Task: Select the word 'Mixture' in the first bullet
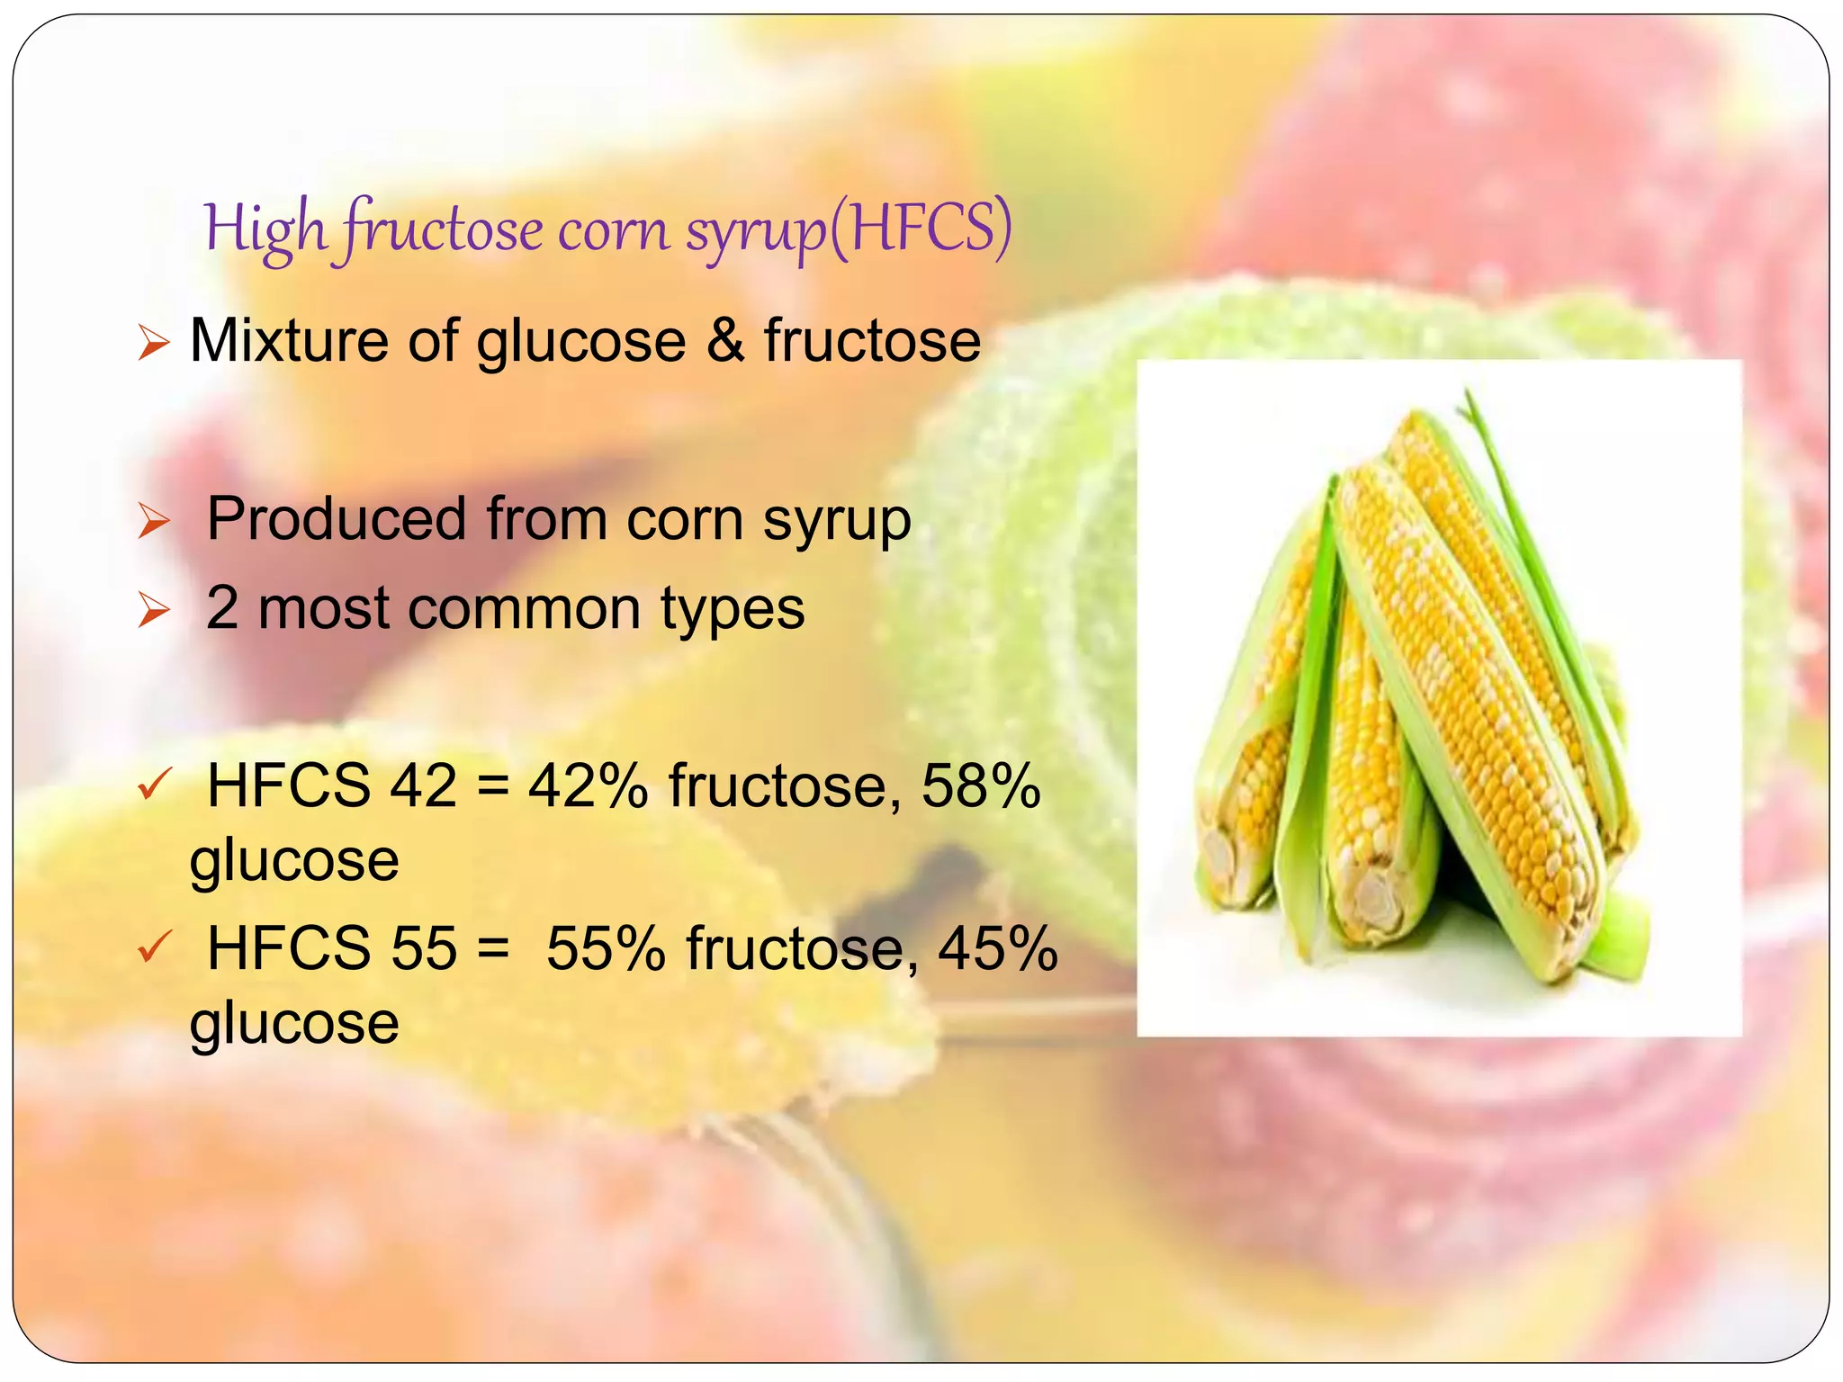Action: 288,341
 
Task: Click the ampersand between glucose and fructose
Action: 725,341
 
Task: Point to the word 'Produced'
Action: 337,519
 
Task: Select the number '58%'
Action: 980,786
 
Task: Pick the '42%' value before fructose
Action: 588,786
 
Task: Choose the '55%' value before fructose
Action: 606,948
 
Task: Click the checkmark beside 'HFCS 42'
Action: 153,785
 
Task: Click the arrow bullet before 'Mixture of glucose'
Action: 154,344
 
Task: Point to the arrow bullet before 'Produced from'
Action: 154,522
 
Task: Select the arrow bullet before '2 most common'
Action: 154,612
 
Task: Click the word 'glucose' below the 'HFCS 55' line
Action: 294,1023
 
